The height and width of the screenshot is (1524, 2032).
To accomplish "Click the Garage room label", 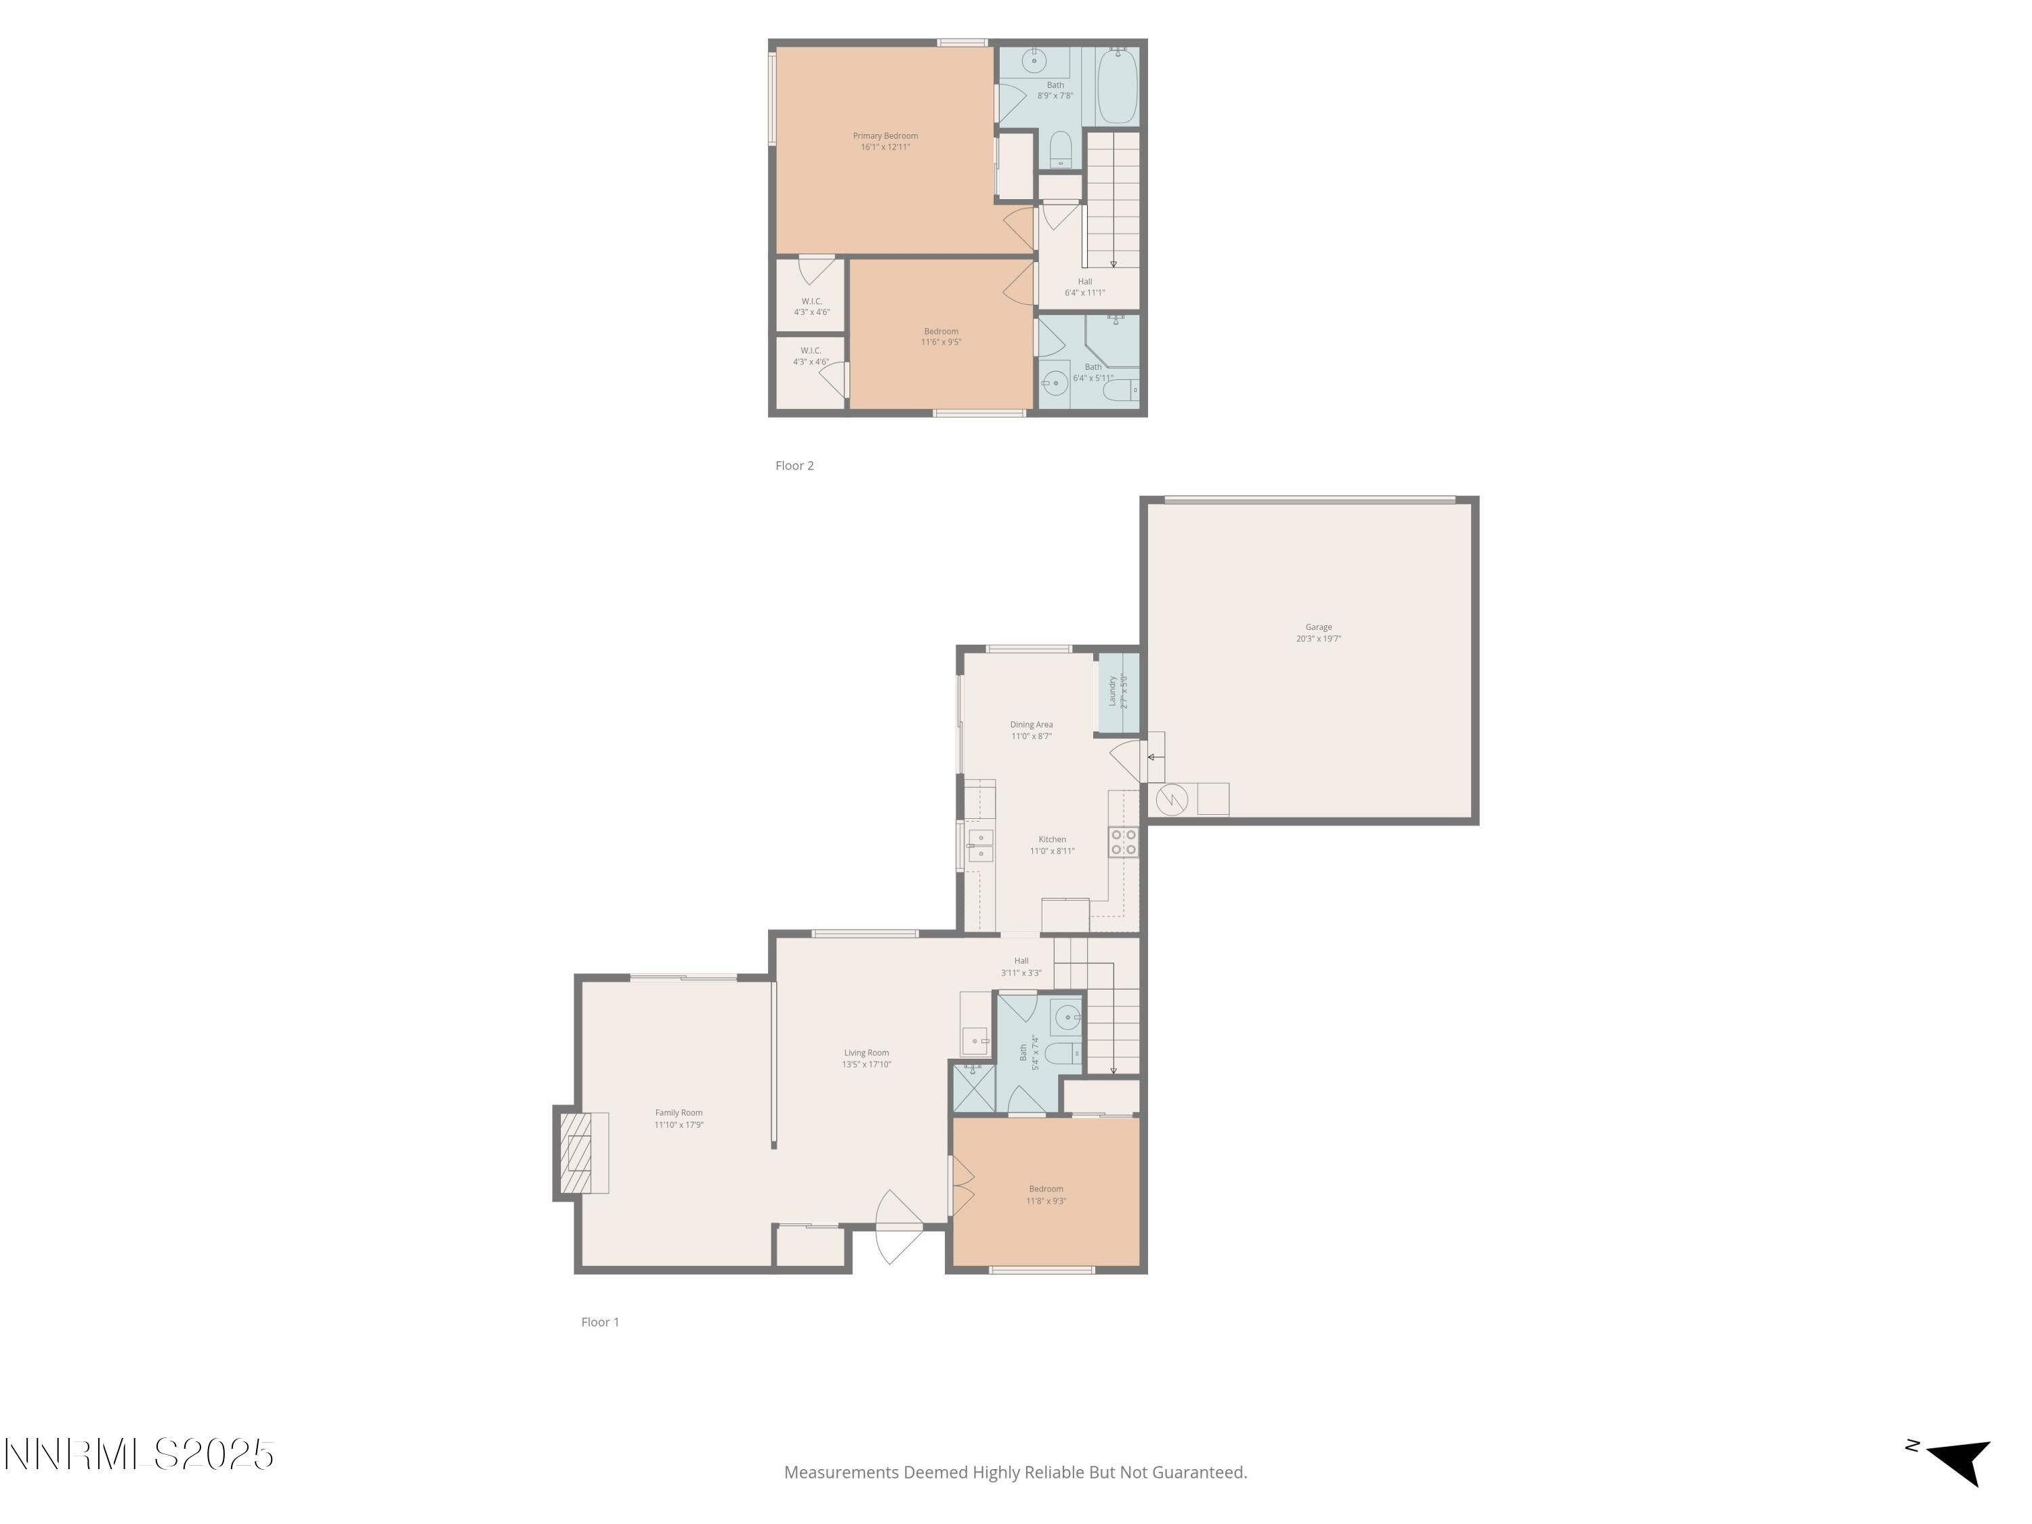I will [1318, 633].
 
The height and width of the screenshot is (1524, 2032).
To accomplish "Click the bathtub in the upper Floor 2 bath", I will [1117, 85].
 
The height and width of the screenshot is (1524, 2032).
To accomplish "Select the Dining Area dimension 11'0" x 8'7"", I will [1031, 736].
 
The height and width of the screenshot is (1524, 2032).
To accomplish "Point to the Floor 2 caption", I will [794, 466].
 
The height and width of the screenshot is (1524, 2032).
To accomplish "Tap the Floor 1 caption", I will [600, 1322].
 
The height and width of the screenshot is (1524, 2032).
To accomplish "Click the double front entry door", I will [898, 1227].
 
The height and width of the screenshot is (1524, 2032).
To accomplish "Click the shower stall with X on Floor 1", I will [973, 1089].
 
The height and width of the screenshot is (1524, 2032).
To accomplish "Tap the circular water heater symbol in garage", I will [1171, 799].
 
